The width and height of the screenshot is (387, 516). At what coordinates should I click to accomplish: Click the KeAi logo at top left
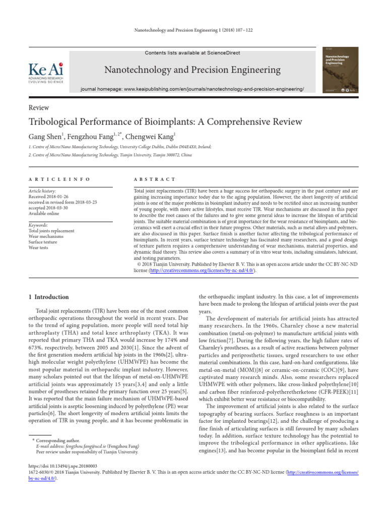(46, 72)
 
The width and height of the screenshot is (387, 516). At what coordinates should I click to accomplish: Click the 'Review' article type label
(39, 107)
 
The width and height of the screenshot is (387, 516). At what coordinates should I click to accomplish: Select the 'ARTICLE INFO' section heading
(59, 179)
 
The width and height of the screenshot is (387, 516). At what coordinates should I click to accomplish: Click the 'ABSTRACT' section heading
(155, 179)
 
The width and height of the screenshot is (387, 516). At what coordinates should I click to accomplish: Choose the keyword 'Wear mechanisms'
(46, 236)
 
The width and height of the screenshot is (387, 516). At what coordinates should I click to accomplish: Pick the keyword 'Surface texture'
(43, 241)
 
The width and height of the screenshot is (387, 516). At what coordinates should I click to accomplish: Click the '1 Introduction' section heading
(48, 297)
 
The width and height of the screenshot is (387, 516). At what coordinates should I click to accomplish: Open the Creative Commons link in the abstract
(202, 270)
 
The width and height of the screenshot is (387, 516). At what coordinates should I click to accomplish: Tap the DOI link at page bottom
(63, 467)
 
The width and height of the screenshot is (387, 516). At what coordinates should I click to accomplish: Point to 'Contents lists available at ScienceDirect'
(192, 53)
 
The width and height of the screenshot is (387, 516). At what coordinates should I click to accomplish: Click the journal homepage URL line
(192, 89)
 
